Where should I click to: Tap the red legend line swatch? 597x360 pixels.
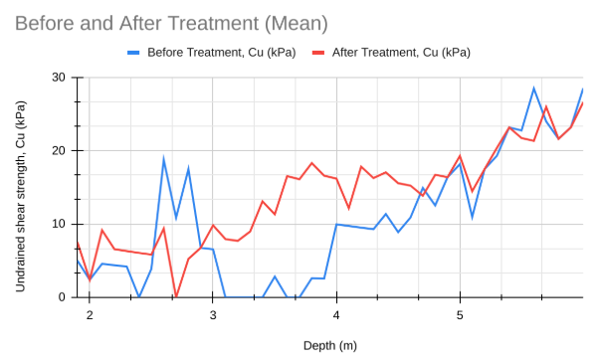(x=319, y=52)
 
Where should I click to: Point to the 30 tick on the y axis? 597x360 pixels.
(x=59, y=78)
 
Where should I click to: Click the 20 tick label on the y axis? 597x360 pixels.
(x=59, y=151)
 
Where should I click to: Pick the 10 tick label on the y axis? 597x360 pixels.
(x=59, y=224)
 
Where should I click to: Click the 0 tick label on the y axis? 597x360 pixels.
(x=62, y=297)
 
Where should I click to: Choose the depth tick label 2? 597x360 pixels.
(x=90, y=314)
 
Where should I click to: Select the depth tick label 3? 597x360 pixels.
(x=213, y=314)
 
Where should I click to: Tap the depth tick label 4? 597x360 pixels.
(x=336, y=314)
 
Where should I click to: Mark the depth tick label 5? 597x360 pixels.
(x=460, y=314)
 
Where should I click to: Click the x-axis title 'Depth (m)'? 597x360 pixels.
(x=329, y=345)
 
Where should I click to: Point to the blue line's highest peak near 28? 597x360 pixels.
(x=533, y=89)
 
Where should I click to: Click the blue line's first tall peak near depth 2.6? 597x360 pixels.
(x=164, y=159)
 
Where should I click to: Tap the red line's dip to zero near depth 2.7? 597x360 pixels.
(x=176, y=296)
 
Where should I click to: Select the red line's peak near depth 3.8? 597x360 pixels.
(x=311, y=163)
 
